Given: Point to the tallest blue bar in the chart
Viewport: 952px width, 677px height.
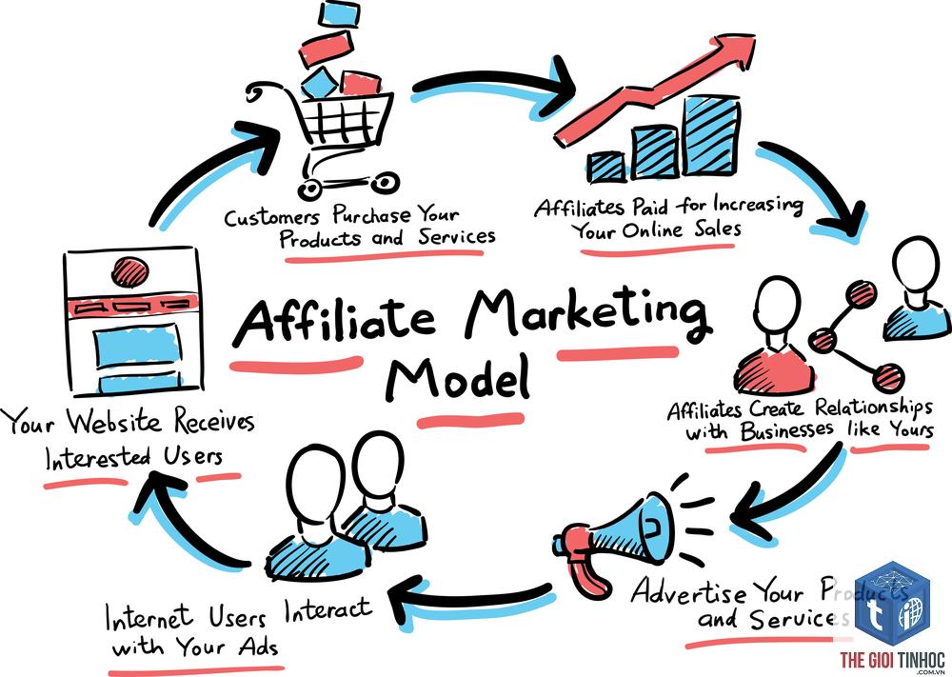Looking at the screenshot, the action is (x=711, y=135).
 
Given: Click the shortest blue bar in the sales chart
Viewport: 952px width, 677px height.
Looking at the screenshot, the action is (x=607, y=167).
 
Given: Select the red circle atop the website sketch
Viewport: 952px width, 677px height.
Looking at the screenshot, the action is (x=129, y=271).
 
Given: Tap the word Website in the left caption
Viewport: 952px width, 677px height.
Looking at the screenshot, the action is (x=114, y=422).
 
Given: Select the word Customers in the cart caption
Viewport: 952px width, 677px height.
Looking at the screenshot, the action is (x=271, y=217).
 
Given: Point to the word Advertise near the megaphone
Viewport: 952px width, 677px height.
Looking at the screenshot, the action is (x=689, y=590).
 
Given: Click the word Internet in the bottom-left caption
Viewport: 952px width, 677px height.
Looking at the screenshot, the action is (x=149, y=618).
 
